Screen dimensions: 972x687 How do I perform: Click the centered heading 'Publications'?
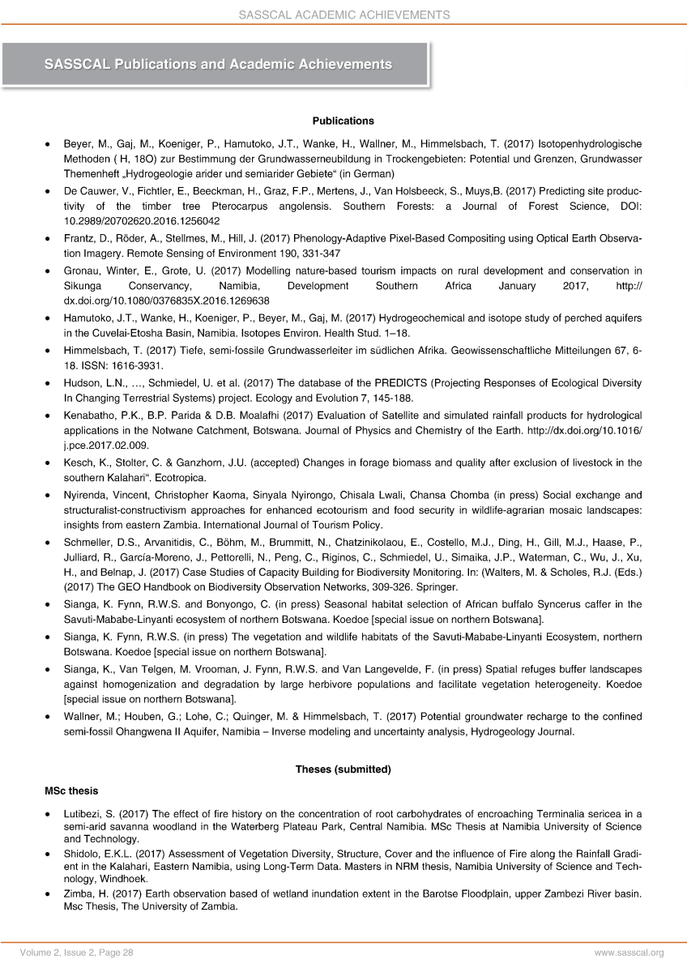point(343,121)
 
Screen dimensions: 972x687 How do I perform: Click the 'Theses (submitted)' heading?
point(343,769)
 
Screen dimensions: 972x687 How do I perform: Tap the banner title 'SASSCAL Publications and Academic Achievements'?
point(218,64)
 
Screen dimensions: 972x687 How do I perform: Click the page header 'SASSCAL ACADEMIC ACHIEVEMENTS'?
point(343,15)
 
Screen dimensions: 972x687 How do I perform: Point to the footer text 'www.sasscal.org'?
point(629,953)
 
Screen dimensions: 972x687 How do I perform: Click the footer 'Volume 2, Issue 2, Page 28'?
point(79,953)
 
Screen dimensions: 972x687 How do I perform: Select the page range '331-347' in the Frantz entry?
point(261,255)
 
